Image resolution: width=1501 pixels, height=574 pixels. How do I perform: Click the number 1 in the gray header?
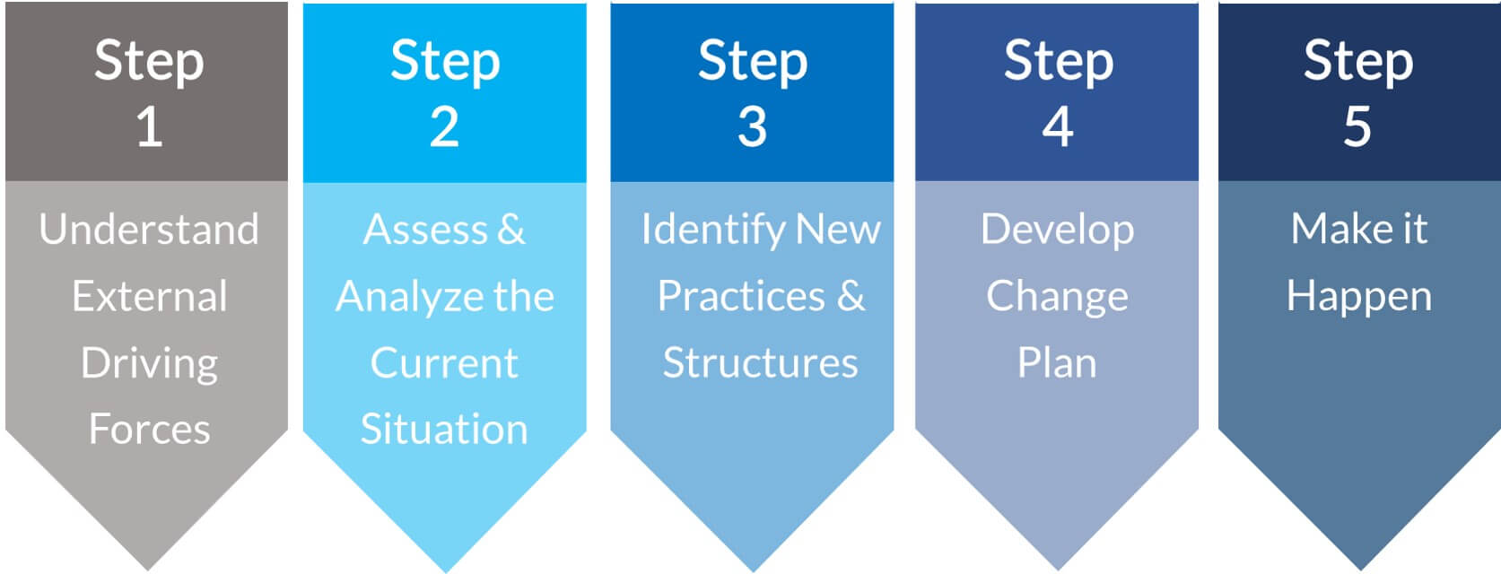150,126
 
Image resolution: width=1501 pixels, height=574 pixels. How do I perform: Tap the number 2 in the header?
445,126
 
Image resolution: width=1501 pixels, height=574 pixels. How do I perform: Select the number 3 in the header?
752,126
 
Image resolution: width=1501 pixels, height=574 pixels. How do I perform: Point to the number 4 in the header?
1058,126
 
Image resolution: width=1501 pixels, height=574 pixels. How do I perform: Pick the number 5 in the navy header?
1357,126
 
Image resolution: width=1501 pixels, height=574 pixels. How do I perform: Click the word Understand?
149,229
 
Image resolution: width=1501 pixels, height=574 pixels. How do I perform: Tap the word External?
150,296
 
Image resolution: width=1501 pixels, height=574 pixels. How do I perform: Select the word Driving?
150,365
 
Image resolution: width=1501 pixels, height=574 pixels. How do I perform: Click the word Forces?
150,429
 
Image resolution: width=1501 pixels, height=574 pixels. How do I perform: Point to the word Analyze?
409,298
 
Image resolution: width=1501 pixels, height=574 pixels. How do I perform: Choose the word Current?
444,363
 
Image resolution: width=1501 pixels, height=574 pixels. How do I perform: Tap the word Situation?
444,429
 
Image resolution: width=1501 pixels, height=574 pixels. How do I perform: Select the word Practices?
741,296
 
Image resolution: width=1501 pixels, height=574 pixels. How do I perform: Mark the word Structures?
761,363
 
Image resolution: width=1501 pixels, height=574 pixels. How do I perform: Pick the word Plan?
1057,363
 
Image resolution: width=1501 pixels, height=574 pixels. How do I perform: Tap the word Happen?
1359,298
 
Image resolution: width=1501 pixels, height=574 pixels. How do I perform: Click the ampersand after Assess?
511,229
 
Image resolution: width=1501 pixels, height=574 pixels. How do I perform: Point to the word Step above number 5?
1358,62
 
